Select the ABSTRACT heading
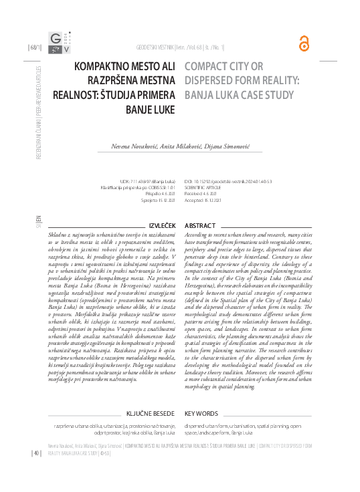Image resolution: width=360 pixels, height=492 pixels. coord(199,226)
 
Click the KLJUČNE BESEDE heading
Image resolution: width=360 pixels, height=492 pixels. coord(151,414)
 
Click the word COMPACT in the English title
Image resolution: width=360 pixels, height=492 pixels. coord(205,67)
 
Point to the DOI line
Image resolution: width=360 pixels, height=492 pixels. coord(228,181)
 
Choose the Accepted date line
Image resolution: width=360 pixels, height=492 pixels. coord(207,199)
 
